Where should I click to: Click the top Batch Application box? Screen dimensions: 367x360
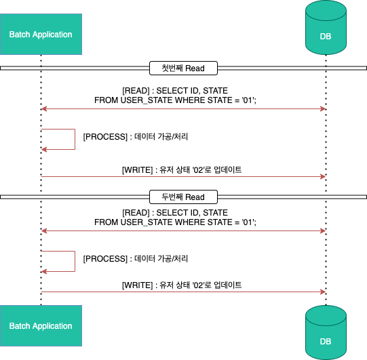click(41, 34)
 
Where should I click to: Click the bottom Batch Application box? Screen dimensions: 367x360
click(41, 325)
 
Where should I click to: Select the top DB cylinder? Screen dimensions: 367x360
click(326, 28)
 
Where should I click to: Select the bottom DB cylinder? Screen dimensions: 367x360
click(326, 332)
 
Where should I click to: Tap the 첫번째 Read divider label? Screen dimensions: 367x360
click(183, 68)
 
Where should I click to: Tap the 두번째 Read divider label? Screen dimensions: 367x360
click(183, 197)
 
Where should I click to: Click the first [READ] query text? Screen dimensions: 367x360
click(175, 96)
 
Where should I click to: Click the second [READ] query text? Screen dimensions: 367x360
click(175, 218)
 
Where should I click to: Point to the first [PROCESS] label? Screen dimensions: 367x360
click(136, 136)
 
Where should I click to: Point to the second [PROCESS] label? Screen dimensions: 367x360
click(136, 259)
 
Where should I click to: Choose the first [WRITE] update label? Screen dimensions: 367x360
click(182, 169)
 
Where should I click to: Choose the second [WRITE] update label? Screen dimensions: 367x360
click(182, 285)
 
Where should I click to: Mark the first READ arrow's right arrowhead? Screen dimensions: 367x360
click(323, 108)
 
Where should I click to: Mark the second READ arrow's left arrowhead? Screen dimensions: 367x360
click(44, 231)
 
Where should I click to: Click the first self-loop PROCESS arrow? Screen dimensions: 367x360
click(75, 139)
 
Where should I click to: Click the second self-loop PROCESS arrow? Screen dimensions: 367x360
click(75, 261)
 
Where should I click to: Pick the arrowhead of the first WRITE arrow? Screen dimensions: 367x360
click(323, 176)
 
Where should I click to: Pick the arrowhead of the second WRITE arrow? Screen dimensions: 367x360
click(323, 292)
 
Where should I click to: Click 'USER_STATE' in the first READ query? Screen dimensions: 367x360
click(146, 100)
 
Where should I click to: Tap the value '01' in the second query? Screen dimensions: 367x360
click(248, 222)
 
